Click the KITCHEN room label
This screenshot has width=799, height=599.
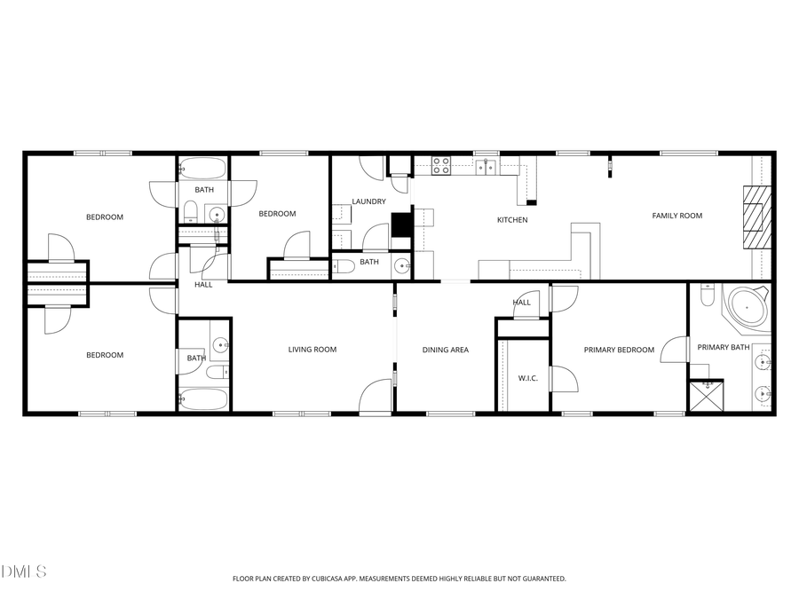[512, 220]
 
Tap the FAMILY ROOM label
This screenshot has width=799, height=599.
[677, 216]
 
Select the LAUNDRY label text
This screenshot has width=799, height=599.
[368, 201]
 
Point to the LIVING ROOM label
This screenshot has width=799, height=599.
[312, 350]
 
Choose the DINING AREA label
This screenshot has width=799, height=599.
[445, 350]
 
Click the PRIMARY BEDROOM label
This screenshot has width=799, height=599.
[619, 350]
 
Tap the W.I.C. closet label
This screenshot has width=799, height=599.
[528, 379]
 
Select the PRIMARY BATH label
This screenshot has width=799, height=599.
[723, 347]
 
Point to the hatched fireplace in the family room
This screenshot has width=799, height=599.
[757, 217]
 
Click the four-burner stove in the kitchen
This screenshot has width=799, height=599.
[441, 164]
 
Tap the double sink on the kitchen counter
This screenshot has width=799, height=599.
[486, 165]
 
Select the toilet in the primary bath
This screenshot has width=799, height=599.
[708, 296]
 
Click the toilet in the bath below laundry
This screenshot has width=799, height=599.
[344, 265]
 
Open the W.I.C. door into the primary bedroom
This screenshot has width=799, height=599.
[563, 379]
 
